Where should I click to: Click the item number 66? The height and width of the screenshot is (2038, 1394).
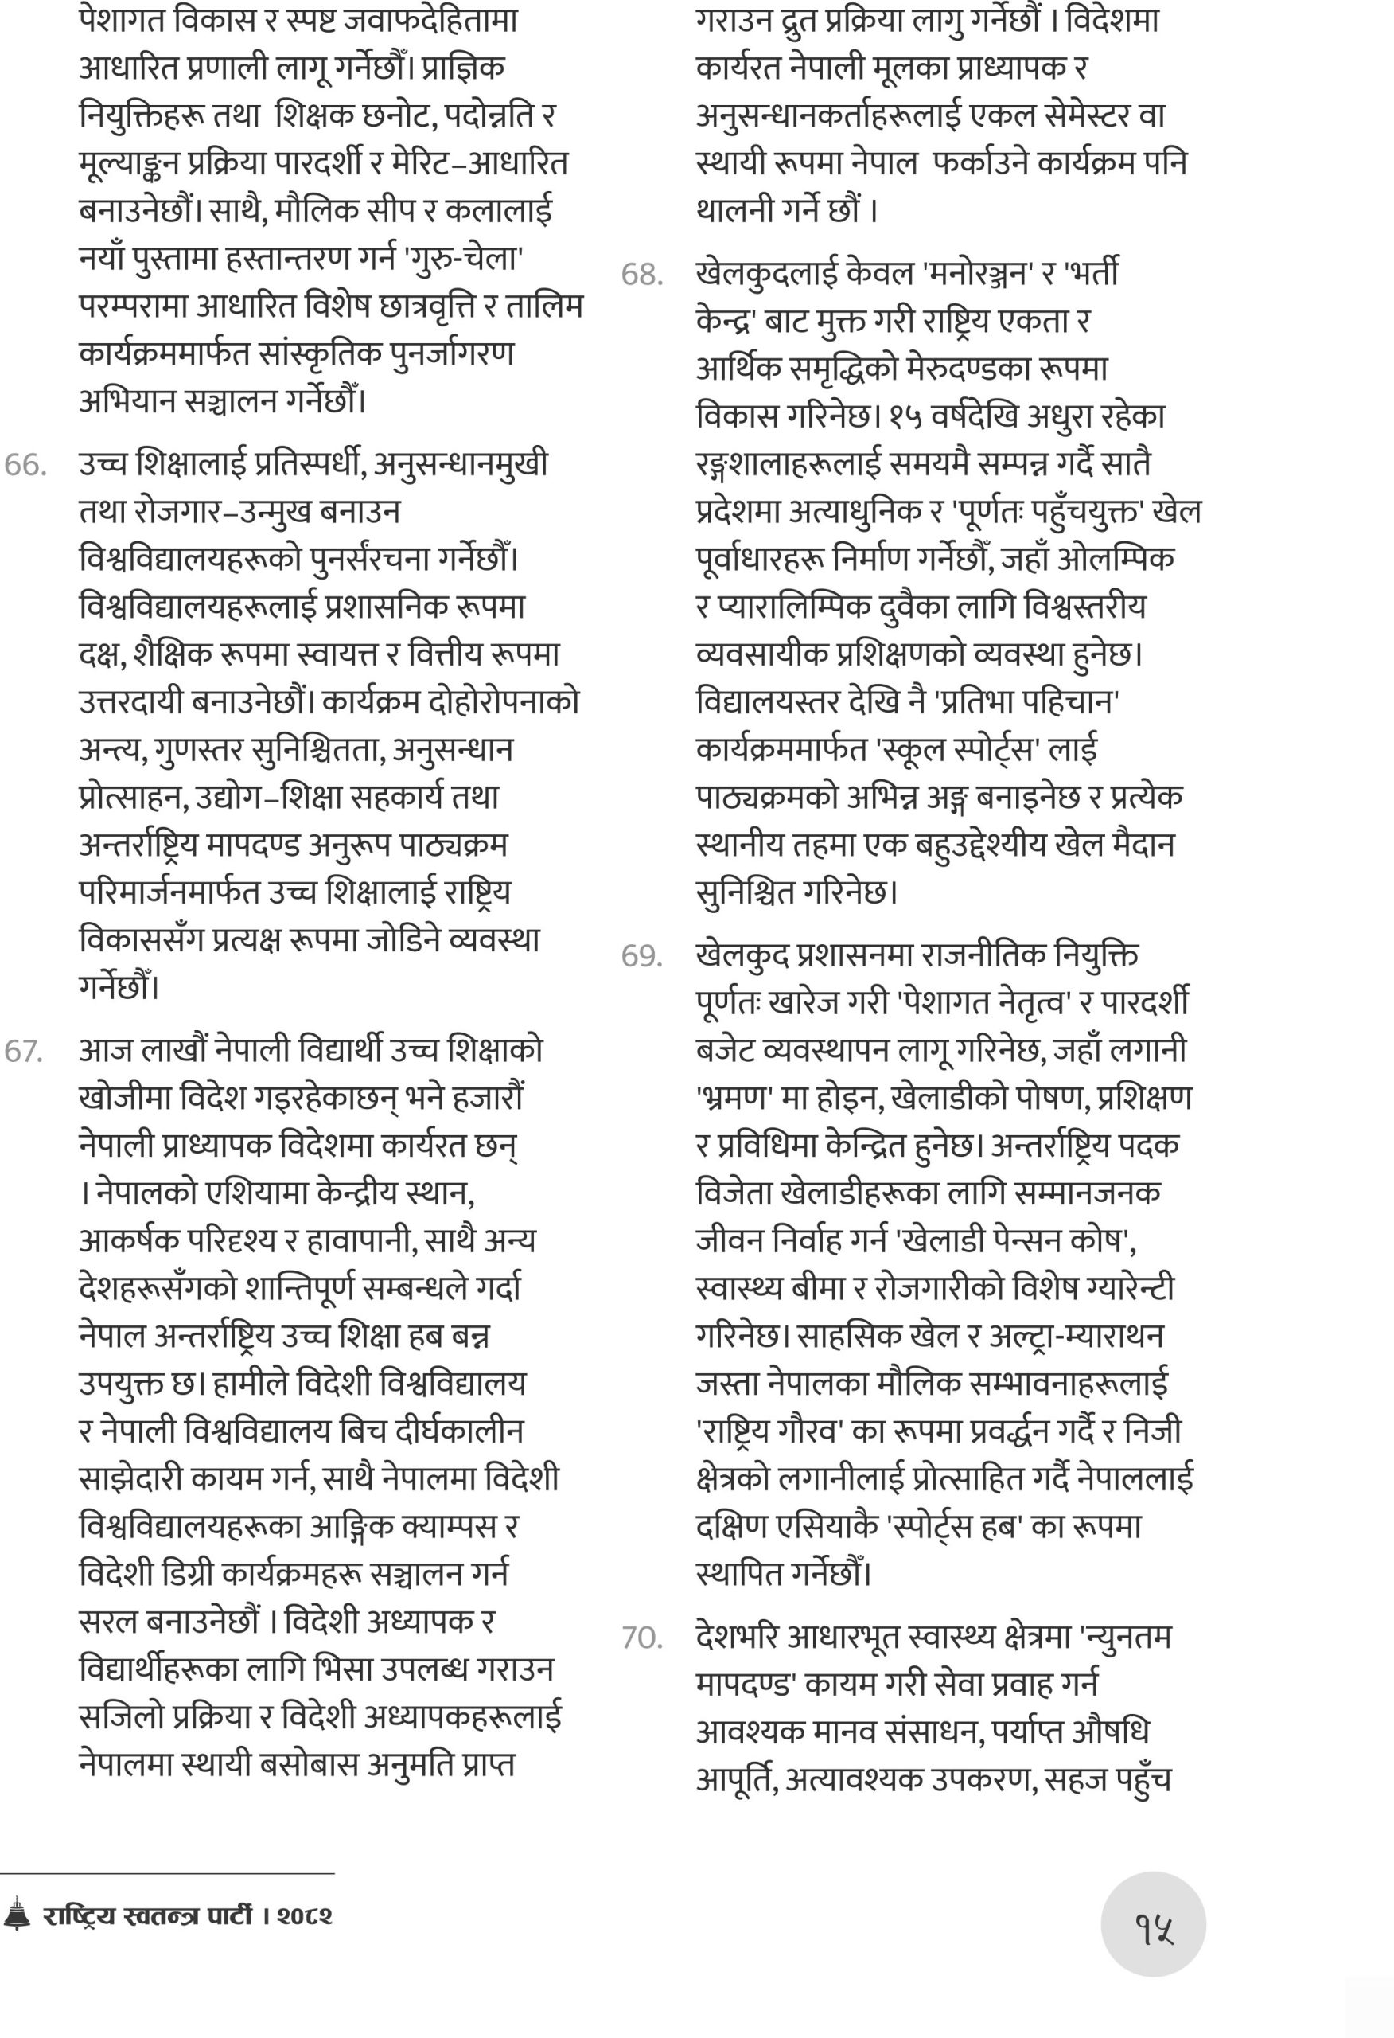[25, 465]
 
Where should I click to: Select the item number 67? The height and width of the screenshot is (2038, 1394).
[25, 1052]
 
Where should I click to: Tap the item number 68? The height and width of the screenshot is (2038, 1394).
[642, 275]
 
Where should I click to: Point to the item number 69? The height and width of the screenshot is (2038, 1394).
[642, 956]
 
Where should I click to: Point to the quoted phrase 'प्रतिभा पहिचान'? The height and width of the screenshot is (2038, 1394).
[1029, 701]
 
